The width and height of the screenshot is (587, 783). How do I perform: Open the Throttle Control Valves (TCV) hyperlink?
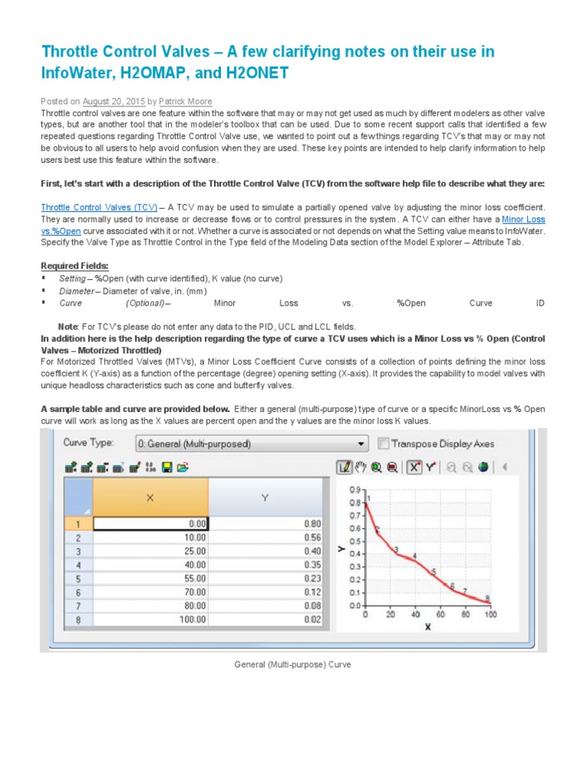[99, 207]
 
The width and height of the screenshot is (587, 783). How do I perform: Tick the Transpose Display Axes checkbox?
[383, 443]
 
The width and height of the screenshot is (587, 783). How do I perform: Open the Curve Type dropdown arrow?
[362, 443]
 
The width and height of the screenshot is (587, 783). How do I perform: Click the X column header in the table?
[150, 497]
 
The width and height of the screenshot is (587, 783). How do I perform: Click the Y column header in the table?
[265, 497]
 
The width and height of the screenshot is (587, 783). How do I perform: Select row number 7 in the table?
[78, 606]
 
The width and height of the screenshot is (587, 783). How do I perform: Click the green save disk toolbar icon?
[167, 466]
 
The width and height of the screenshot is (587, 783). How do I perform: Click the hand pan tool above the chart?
[360, 466]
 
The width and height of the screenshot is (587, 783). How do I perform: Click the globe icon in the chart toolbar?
[483, 466]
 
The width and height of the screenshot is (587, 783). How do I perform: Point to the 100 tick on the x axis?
[489, 614]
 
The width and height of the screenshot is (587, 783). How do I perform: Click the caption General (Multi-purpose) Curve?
[293, 665]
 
